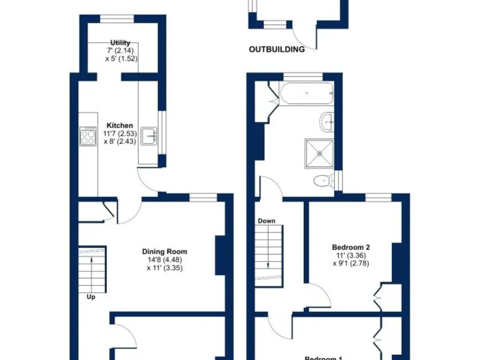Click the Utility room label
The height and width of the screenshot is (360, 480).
[120, 42]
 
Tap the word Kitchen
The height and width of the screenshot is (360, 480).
[119, 126]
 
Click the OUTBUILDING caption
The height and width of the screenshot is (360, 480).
[276, 49]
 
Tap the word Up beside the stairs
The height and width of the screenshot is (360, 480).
[91, 297]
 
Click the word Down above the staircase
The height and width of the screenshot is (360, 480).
[266, 221]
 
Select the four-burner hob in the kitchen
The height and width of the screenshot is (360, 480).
[87, 136]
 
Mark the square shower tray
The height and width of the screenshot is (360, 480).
[320, 153]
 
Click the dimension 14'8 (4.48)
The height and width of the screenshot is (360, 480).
[164, 260]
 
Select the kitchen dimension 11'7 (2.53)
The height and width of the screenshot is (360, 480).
[120, 133]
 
